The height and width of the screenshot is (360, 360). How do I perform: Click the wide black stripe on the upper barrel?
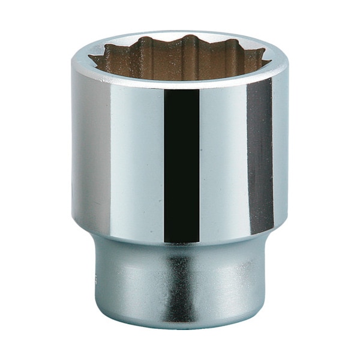point(181,162)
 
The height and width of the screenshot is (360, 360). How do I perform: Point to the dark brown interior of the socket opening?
point(180,63)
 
